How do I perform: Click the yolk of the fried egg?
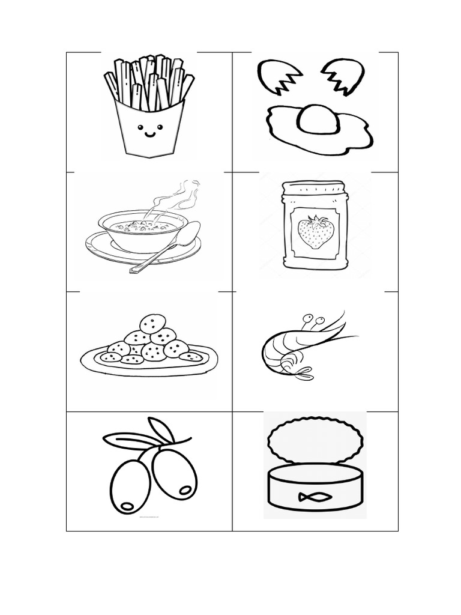[318, 118]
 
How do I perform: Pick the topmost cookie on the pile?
[152, 324]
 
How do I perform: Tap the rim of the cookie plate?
[90, 364]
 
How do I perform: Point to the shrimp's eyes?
[313, 319]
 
